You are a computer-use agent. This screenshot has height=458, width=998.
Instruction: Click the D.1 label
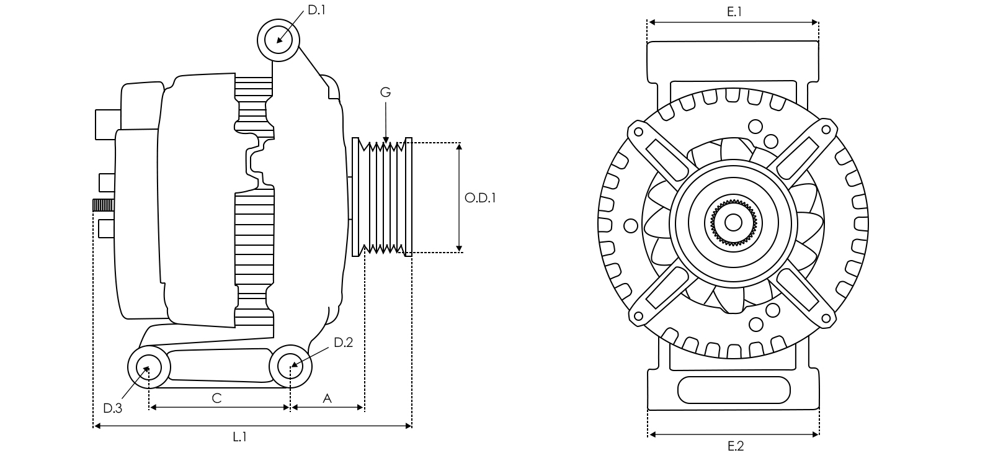point(316,11)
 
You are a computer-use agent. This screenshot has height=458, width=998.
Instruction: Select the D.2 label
point(343,343)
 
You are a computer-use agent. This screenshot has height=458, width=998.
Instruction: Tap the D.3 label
point(112,408)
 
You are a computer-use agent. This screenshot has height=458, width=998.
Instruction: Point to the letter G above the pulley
point(385,92)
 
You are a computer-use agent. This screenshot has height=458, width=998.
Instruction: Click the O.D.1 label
point(480,197)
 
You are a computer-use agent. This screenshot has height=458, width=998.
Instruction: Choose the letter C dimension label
point(216,398)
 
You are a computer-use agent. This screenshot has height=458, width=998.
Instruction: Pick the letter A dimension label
point(327,398)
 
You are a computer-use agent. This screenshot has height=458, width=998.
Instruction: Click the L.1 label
point(239,437)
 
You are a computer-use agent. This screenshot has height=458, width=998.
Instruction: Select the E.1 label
point(734,12)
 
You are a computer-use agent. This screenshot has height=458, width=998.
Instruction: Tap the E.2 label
point(736,446)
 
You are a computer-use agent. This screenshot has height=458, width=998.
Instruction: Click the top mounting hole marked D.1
point(278,40)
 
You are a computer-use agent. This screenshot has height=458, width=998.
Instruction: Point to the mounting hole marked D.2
point(290,366)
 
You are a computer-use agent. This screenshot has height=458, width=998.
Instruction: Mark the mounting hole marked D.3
point(148,367)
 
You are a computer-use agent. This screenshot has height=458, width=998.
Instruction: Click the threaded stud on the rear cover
point(104,205)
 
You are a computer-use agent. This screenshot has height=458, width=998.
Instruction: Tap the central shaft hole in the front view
point(733,222)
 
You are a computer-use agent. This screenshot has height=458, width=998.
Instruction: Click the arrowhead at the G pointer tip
point(386,140)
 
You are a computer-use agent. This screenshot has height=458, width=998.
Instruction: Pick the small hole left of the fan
point(630,226)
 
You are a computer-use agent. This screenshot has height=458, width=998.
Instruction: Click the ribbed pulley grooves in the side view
point(382,197)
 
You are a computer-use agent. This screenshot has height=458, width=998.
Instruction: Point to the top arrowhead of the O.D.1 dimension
point(460,146)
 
